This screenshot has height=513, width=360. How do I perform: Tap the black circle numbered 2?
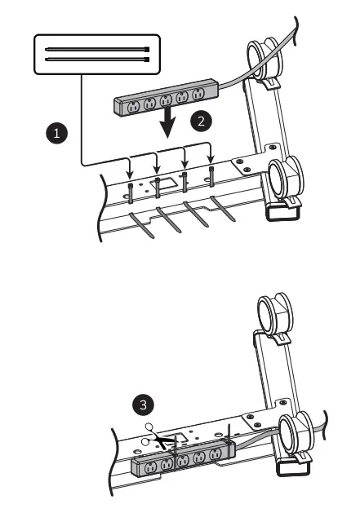click(199, 120)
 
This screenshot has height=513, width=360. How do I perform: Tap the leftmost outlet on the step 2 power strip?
click(132, 104)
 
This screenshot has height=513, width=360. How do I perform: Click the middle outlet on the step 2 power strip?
click(166, 101)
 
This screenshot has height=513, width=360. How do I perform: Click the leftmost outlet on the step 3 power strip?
click(151, 467)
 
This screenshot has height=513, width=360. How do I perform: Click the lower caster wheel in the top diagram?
click(287, 179)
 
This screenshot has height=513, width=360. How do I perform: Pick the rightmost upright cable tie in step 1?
click(211, 174)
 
